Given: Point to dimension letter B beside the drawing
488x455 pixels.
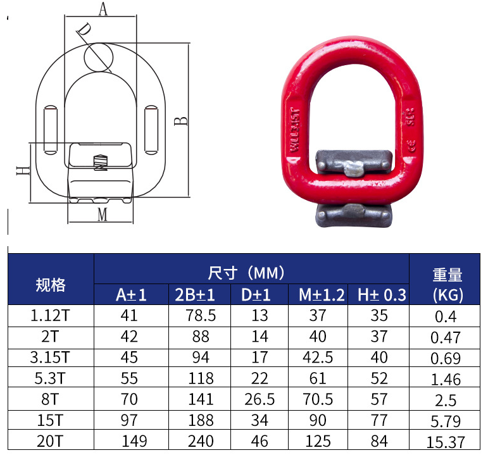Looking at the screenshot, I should pyautogui.click(x=181, y=120).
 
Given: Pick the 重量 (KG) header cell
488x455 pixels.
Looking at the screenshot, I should pyautogui.click(x=447, y=284).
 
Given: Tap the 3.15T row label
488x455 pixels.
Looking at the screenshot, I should pyautogui.click(x=51, y=358).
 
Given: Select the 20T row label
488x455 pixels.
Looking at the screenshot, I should pyautogui.click(x=51, y=442).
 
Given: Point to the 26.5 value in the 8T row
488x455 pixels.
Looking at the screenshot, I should pyautogui.click(x=260, y=400).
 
